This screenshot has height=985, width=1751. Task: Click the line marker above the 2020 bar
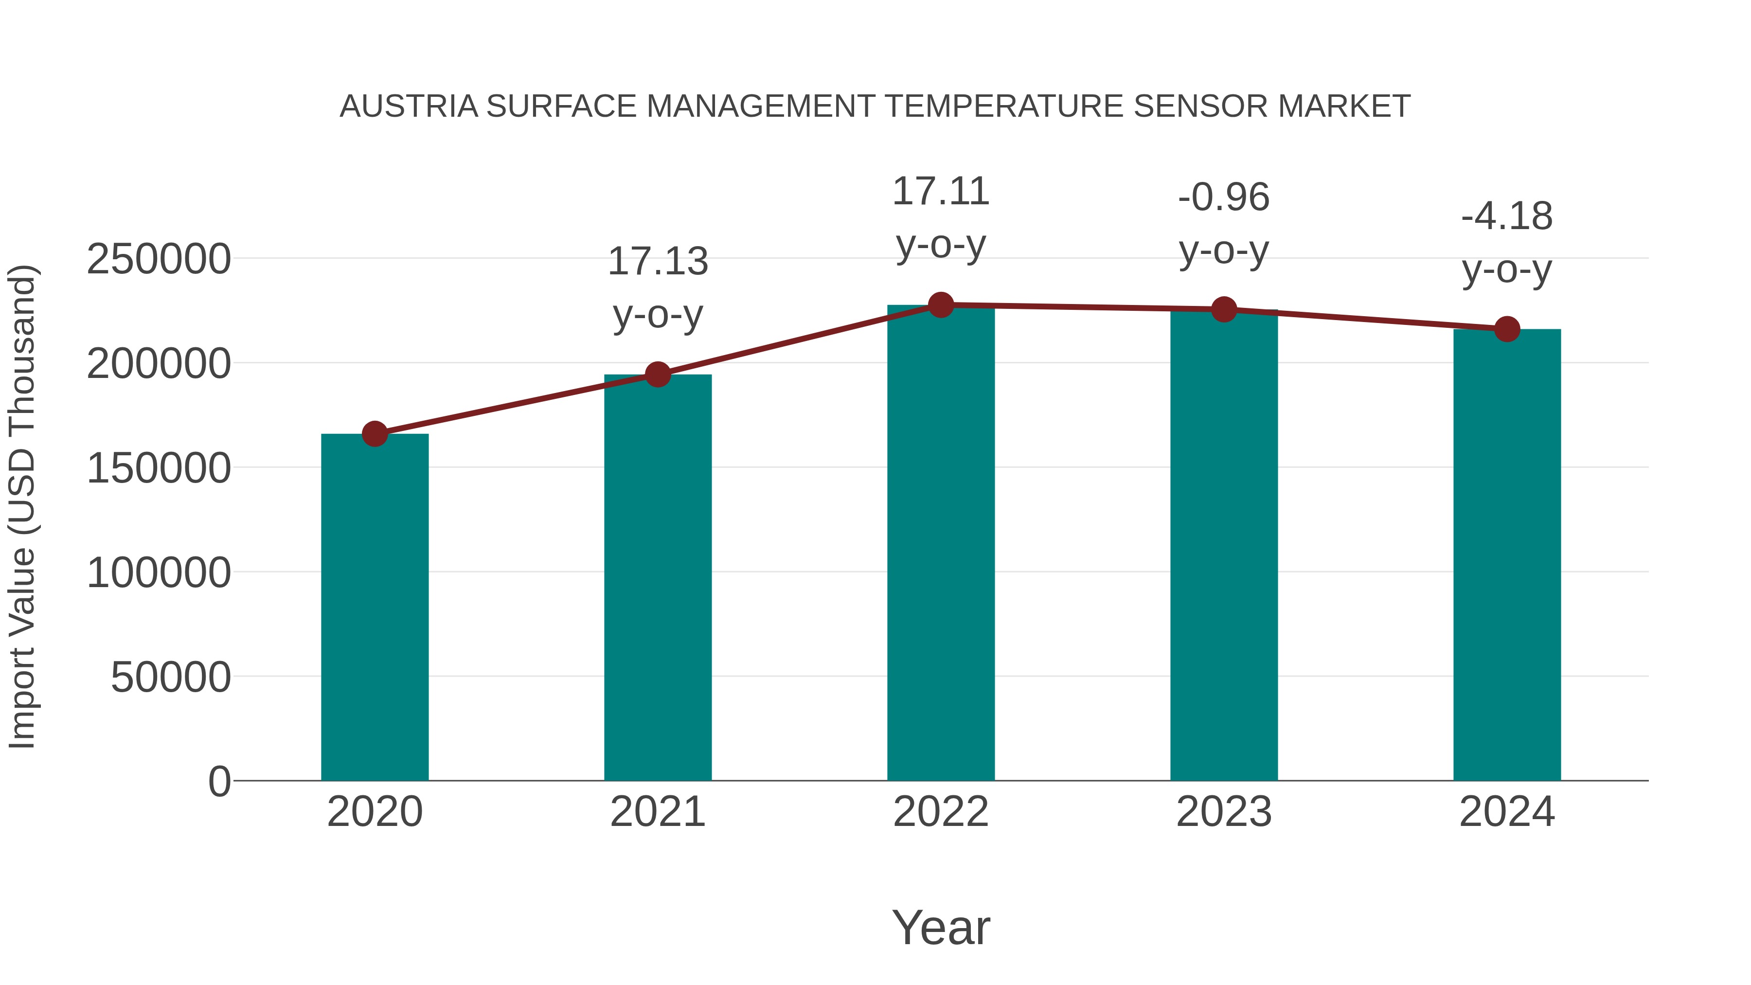(375, 434)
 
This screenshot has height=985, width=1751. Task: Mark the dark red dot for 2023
(1224, 309)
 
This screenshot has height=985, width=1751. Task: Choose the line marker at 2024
(1507, 329)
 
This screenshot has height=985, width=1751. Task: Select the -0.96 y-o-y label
(1224, 224)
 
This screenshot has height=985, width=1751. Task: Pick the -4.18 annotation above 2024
(1507, 243)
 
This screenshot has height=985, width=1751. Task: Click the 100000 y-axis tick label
(159, 573)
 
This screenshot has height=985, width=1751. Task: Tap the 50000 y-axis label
(171, 677)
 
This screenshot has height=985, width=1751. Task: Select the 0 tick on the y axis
(219, 781)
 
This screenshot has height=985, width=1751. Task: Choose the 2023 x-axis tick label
(1224, 812)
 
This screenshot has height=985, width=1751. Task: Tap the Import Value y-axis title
(22, 506)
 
